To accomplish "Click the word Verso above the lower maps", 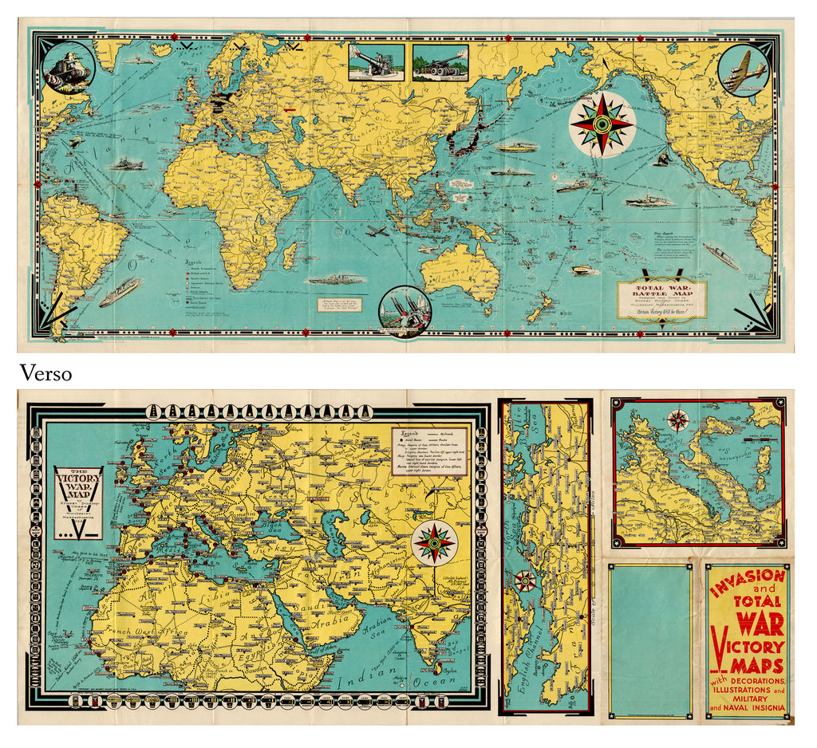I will [x=45, y=373].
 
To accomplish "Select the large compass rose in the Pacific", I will [x=602, y=124].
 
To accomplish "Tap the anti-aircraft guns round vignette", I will [x=405, y=310].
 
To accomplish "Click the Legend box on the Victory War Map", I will [x=428, y=451].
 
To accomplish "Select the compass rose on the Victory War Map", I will [x=433, y=541].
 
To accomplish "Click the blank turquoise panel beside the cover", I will [x=649, y=636].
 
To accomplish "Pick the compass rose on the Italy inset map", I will [x=678, y=420].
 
